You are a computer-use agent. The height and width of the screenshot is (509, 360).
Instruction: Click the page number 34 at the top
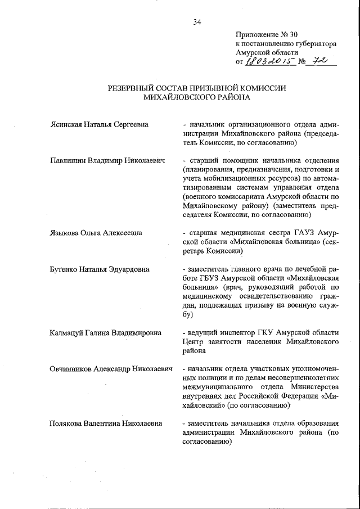pos(197,22)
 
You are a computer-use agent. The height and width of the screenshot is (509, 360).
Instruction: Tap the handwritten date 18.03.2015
pos(269,62)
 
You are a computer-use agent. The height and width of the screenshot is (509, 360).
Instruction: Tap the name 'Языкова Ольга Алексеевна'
pos(96,233)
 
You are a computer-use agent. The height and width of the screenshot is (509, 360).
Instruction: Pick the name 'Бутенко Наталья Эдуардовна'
pos(100,269)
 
